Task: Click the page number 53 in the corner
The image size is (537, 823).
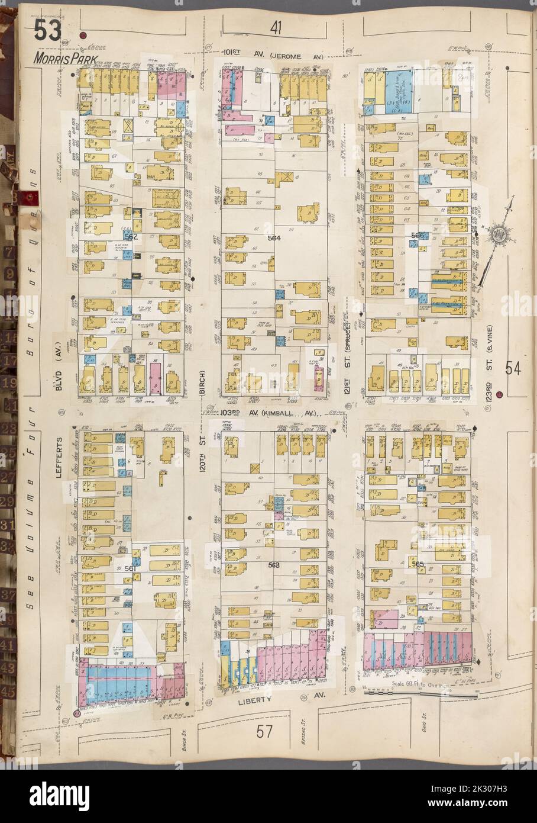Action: click(x=47, y=31)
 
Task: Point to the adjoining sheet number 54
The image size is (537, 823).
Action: click(x=513, y=368)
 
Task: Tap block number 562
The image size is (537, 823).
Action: click(x=131, y=236)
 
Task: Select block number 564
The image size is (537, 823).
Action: click(x=273, y=238)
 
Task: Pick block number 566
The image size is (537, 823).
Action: click(x=418, y=235)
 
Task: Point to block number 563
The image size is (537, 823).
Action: click(x=273, y=564)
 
